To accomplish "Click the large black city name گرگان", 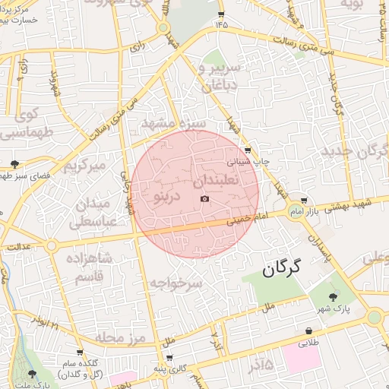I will [x=281, y=267].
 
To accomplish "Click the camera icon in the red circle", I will [x=204, y=199].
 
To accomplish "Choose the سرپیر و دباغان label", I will [x=220, y=76].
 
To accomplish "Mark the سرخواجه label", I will [x=176, y=283].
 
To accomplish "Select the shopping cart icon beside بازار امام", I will [x=304, y=199].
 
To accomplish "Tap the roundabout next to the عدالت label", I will [x=51, y=246].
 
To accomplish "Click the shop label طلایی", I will [x=307, y=343].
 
